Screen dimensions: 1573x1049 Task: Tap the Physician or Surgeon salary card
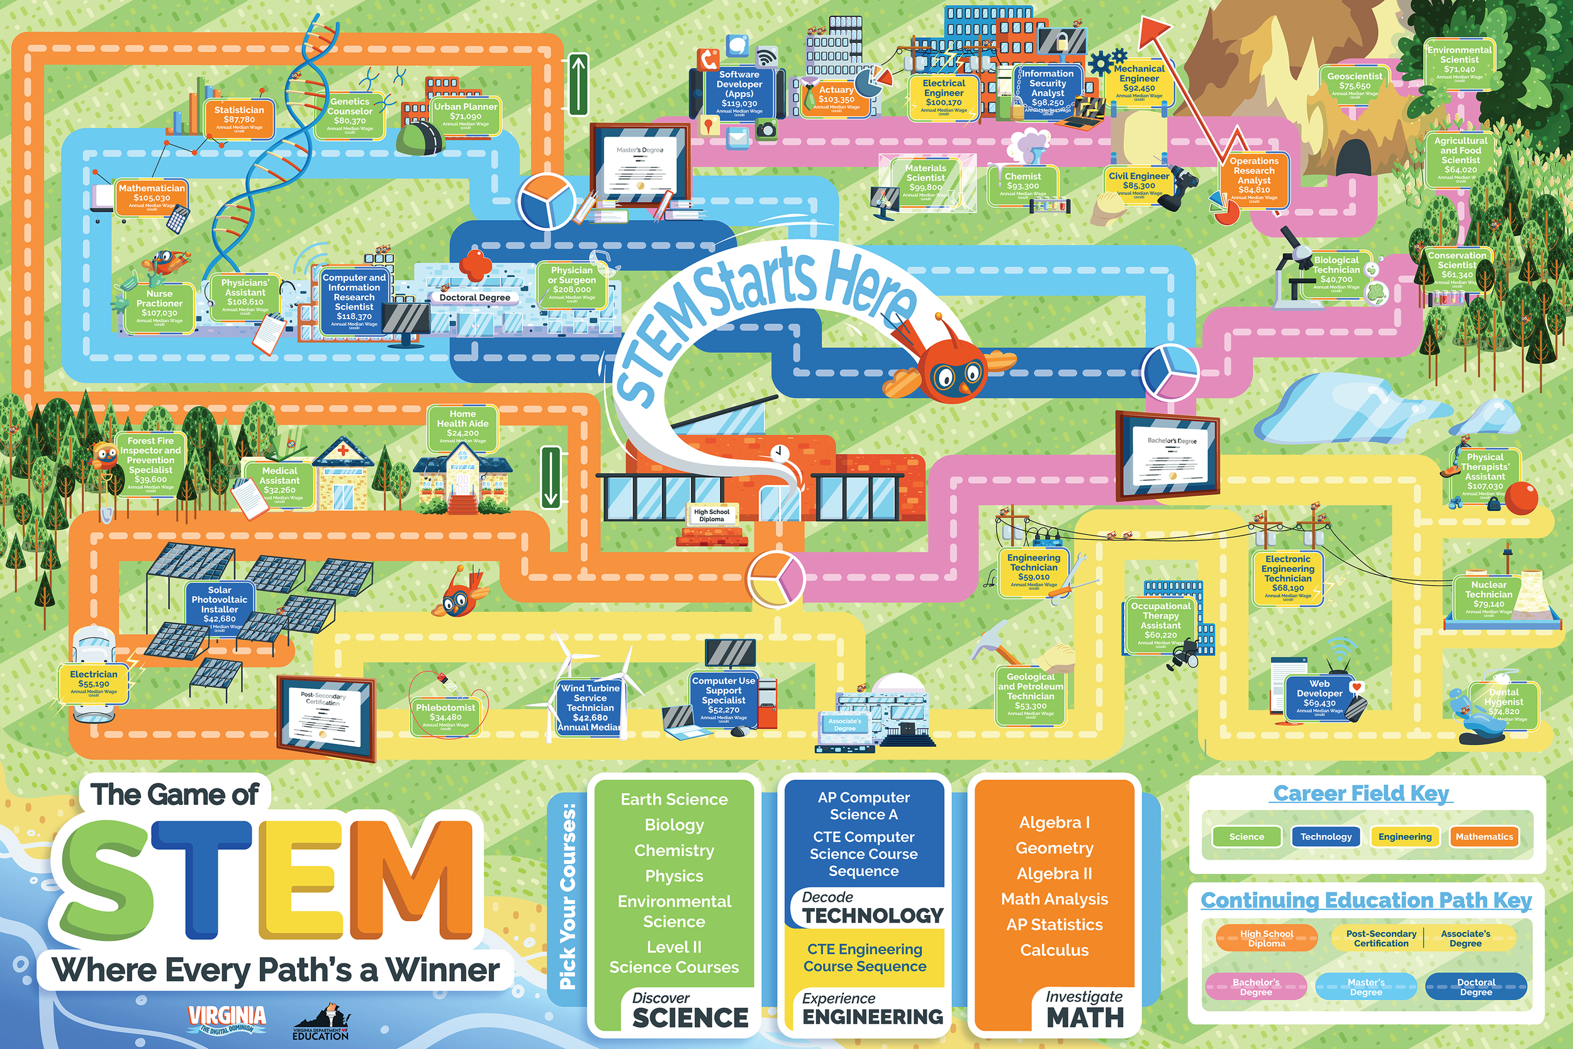tap(572, 284)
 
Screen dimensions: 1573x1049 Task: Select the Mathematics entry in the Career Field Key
tap(1484, 836)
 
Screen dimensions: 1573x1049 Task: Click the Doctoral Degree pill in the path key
tap(1475, 987)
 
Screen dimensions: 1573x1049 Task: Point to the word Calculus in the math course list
tap(1054, 950)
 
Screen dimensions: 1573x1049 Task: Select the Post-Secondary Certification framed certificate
tap(326, 717)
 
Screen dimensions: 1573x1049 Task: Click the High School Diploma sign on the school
tap(712, 515)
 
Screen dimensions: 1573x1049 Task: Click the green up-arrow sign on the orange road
tap(578, 84)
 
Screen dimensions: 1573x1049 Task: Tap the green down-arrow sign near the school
tap(551, 476)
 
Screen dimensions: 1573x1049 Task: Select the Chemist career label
tap(1022, 185)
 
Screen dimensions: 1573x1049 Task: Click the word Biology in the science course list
tap(674, 825)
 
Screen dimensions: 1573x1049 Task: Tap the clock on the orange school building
tap(778, 453)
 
